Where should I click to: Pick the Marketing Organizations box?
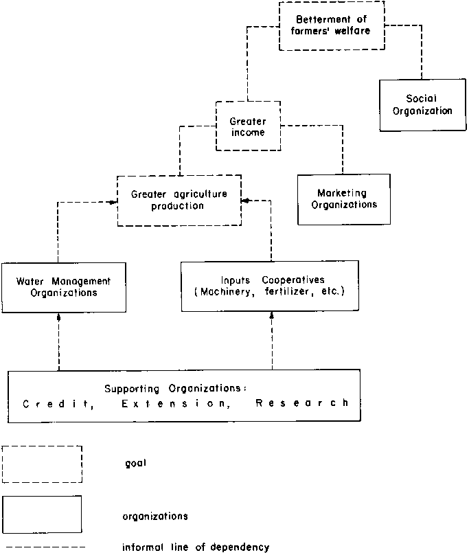click(x=344, y=199)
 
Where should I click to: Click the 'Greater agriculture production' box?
click(x=179, y=200)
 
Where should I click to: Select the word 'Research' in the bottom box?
click(x=302, y=404)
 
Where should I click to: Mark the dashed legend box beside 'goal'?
click(x=42, y=464)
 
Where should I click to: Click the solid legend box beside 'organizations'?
click(x=42, y=514)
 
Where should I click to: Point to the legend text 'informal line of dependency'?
click(x=196, y=547)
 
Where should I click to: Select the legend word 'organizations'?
click(x=155, y=514)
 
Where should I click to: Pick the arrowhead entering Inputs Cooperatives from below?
click(x=273, y=315)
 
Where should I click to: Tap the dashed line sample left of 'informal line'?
click(x=43, y=547)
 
